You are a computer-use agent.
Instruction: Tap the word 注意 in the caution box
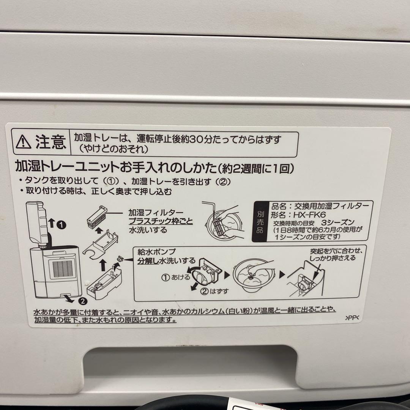coord(50,142)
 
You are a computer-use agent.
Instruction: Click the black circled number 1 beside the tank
coord(61,225)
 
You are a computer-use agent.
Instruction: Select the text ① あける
coord(176,277)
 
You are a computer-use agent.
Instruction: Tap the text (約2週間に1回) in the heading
coord(255,167)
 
